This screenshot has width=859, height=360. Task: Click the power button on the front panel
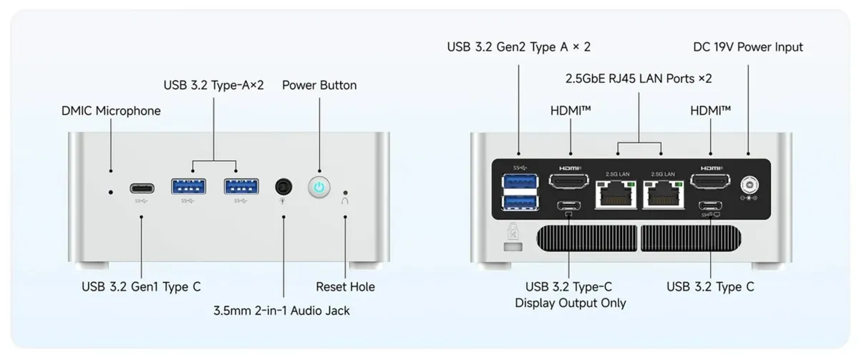coord(319,187)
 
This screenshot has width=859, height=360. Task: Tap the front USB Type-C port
coord(142,188)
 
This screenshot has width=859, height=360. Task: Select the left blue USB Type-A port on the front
coord(188,187)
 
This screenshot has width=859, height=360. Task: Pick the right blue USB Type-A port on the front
coord(241,187)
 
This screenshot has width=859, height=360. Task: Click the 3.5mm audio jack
coord(283,187)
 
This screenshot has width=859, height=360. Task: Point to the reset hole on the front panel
coord(345,193)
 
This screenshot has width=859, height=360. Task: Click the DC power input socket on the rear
coord(749,185)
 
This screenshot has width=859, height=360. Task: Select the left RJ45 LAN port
coord(616,195)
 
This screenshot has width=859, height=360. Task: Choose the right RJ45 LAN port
coord(664,195)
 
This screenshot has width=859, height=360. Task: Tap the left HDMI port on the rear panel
coord(568,181)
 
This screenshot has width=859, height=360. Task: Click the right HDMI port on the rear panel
coord(710,181)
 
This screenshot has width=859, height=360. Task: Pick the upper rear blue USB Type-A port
coord(520,180)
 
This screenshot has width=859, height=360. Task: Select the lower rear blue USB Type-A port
coord(520,203)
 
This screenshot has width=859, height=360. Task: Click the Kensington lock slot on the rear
coord(513,247)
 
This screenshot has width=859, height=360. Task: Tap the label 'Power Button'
coord(319,85)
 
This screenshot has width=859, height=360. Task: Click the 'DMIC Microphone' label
coord(111,111)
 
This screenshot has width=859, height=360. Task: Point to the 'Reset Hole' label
coord(345,287)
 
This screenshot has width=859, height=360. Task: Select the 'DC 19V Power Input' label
coord(748,47)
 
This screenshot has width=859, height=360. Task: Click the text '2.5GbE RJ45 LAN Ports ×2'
coord(639,79)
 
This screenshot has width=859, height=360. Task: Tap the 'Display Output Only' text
coord(571,303)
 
